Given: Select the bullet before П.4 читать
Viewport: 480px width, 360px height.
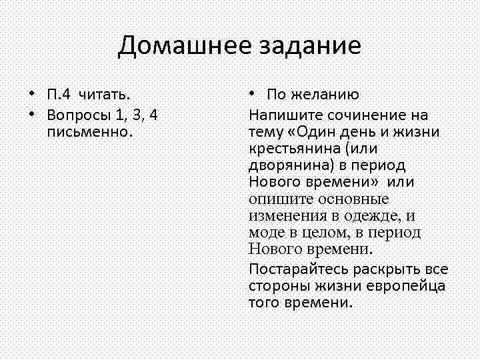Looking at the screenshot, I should (31, 94).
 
